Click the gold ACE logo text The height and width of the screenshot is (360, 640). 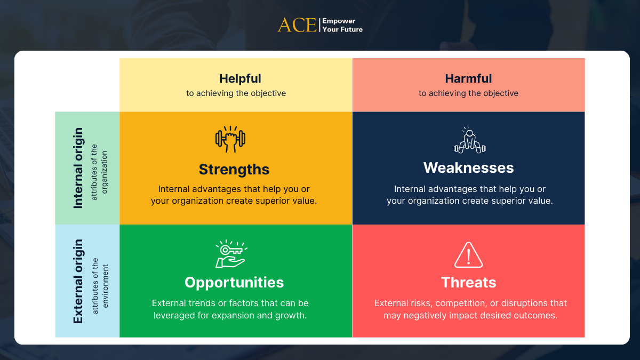click(297, 25)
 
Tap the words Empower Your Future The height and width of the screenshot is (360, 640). click(342, 25)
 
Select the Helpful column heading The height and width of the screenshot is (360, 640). click(240, 78)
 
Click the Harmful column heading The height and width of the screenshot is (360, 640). click(468, 78)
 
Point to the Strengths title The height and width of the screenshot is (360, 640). click(234, 169)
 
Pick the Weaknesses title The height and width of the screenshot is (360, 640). click(469, 167)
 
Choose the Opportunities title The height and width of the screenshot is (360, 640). click(234, 282)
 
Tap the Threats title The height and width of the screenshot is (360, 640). click(469, 282)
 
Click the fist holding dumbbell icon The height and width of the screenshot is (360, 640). click(230, 139)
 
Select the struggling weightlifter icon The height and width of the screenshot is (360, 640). click(470, 140)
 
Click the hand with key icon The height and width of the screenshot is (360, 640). click(231, 254)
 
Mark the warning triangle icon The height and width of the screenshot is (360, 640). click(469, 255)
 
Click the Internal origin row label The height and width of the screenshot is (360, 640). click(78, 168)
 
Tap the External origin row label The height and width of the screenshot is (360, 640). click(78, 281)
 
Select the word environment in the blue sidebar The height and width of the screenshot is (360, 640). click(105, 286)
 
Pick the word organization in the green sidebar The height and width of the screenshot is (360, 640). click(105, 172)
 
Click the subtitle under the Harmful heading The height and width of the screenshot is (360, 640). click(468, 93)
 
